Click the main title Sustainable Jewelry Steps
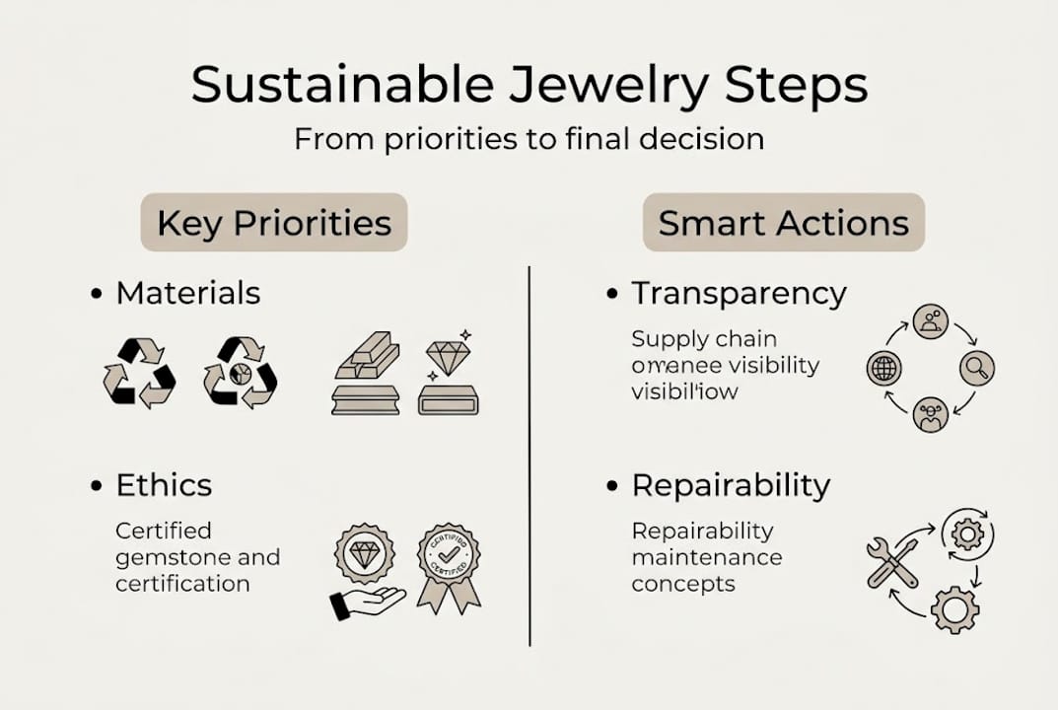click(x=529, y=85)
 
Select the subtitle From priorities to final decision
click(x=529, y=138)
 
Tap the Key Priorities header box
click(x=274, y=222)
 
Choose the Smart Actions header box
click(x=783, y=222)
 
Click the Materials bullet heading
click(x=187, y=293)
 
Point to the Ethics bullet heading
click(x=164, y=484)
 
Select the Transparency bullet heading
click(x=739, y=293)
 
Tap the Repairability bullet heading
click(x=731, y=484)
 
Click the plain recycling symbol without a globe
click(x=139, y=373)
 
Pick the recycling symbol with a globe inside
click(x=240, y=373)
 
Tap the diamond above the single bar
click(x=448, y=357)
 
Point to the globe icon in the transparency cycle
click(x=883, y=369)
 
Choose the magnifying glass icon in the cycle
click(x=976, y=369)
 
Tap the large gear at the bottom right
click(x=954, y=608)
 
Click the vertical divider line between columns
click(x=529, y=454)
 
